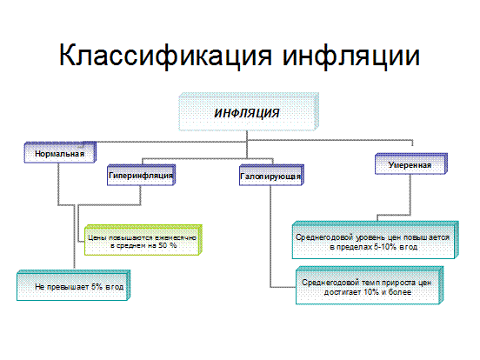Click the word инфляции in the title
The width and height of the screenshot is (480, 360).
click(x=350, y=56)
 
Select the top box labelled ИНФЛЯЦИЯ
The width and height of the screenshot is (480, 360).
click(x=249, y=112)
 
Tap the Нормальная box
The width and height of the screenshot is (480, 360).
click(x=60, y=152)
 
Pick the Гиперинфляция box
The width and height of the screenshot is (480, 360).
click(x=141, y=175)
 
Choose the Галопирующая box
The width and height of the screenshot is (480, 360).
click(x=271, y=175)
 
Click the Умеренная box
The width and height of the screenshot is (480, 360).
click(x=411, y=163)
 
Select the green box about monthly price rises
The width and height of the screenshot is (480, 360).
click(x=143, y=240)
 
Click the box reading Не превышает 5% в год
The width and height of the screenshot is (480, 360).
click(x=73, y=285)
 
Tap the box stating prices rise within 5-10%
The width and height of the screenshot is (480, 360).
click(x=376, y=240)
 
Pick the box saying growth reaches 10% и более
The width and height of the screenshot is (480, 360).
click(x=370, y=285)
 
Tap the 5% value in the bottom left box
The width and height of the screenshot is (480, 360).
click(x=97, y=287)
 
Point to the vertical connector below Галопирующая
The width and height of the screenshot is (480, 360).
click(x=270, y=237)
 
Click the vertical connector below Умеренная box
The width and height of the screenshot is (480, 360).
click(x=410, y=195)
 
